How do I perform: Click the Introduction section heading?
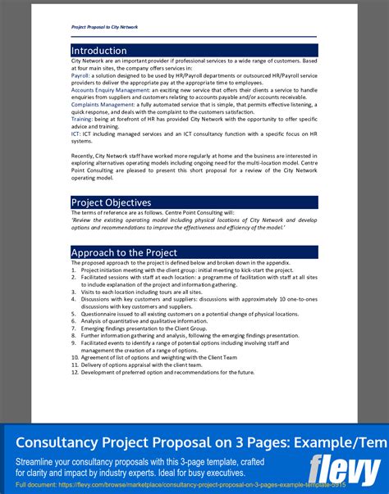click(98, 51)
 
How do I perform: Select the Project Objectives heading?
click(111, 202)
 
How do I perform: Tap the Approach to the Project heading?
click(123, 252)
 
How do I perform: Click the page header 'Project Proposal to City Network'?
click(104, 27)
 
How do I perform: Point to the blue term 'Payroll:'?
click(80, 75)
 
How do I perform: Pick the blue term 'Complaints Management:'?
click(103, 105)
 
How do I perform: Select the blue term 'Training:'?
click(81, 120)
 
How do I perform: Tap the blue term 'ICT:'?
click(76, 134)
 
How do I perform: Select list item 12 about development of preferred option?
click(167, 373)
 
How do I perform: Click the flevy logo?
click(344, 469)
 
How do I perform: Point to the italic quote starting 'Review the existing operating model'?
click(194, 224)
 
